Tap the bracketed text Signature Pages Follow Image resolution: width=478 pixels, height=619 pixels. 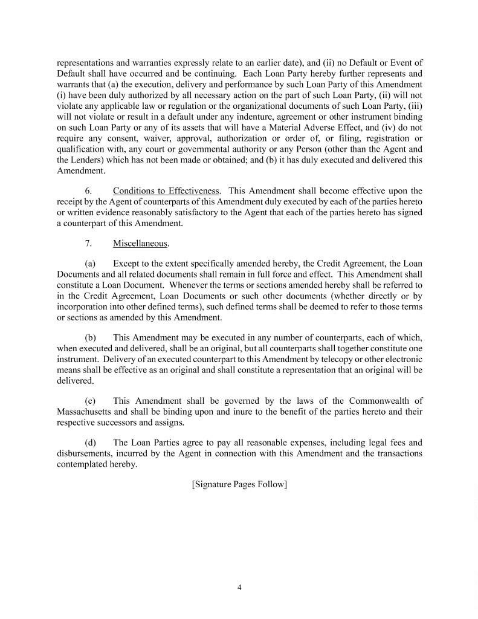pos(239,484)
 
